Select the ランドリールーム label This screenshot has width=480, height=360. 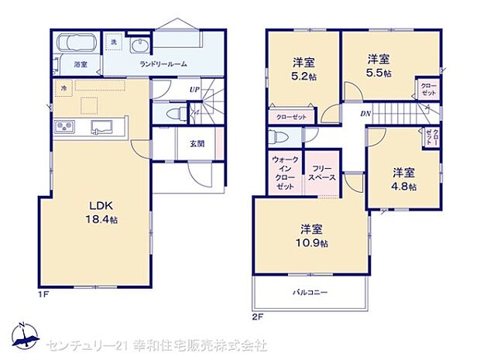click(x=162, y=65)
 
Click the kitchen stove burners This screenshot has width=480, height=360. click(x=63, y=127)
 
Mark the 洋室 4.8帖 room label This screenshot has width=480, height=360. click(x=403, y=180)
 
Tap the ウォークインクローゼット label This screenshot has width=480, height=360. click(x=284, y=173)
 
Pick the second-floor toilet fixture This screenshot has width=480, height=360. click(x=276, y=137)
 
